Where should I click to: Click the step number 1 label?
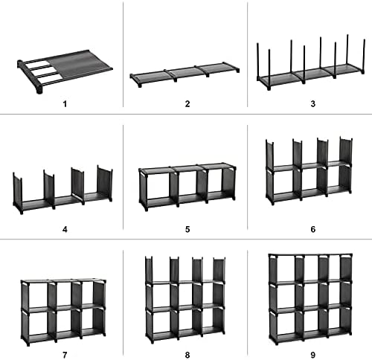pos(65,103)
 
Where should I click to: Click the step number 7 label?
pos(65,354)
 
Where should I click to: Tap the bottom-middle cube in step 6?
pos(308,186)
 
